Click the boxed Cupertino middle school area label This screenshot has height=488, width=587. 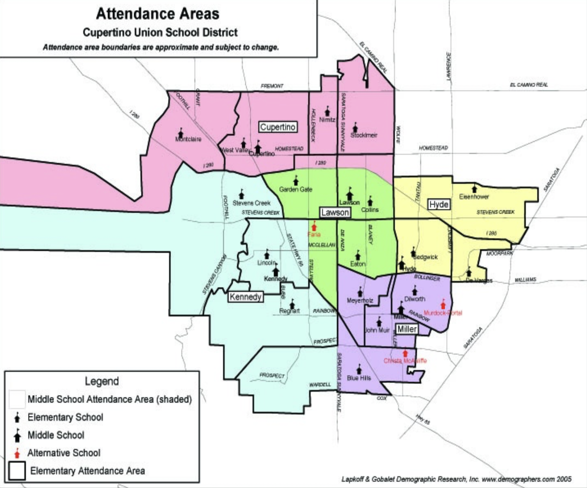point(278,127)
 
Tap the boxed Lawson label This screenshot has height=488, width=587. point(335,212)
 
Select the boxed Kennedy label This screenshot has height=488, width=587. point(245,297)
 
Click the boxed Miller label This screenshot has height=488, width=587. point(407,329)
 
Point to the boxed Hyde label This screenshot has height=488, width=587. point(439,205)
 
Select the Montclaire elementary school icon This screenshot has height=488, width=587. point(181,133)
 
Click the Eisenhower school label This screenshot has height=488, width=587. point(474,196)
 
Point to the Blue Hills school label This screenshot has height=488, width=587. point(359,378)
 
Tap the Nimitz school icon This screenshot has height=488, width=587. point(327,111)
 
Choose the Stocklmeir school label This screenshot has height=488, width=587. point(364,135)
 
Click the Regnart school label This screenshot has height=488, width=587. point(289,311)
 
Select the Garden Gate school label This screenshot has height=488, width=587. point(296,189)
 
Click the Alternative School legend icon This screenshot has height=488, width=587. point(17,453)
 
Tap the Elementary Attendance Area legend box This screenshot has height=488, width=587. point(17,471)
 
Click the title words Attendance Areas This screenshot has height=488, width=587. point(158,14)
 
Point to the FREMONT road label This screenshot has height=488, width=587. point(272,86)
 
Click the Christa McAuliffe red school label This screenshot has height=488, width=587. point(405,361)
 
